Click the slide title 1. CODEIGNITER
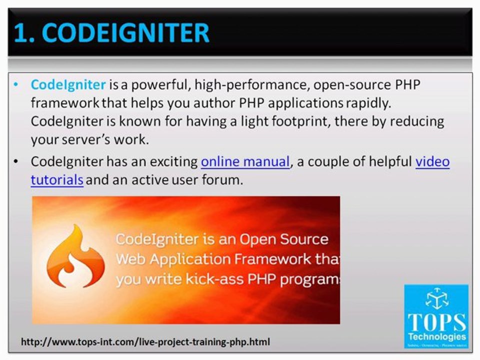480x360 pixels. [x=111, y=33]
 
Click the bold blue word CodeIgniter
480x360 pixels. [x=68, y=84]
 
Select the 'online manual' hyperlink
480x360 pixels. [x=245, y=162]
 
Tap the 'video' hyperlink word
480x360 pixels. [x=432, y=162]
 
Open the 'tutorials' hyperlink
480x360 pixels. [x=57, y=180]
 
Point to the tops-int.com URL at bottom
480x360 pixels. [x=145, y=342]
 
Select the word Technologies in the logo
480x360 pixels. [x=436, y=336]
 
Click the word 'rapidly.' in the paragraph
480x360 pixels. [x=369, y=103]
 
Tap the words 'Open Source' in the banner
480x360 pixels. [x=283, y=239]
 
